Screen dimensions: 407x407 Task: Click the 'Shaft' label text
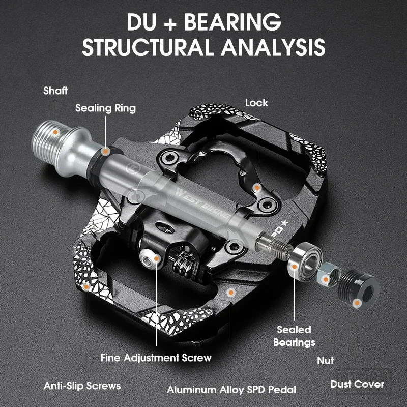click(x=55, y=91)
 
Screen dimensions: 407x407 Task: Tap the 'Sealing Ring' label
click(x=106, y=108)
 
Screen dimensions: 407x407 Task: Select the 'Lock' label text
click(x=256, y=103)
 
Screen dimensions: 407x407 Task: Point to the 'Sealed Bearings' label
click(x=294, y=336)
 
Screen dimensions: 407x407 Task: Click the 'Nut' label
click(x=326, y=360)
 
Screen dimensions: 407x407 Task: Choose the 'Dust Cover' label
click(x=357, y=384)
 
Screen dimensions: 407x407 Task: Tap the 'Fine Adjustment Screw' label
click(x=156, y=358)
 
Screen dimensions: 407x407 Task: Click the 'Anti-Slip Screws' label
click(x=82, y=385)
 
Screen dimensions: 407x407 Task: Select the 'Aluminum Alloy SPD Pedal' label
click(x=231, y=390)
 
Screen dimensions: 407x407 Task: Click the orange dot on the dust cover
click(x=358, y=303)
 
